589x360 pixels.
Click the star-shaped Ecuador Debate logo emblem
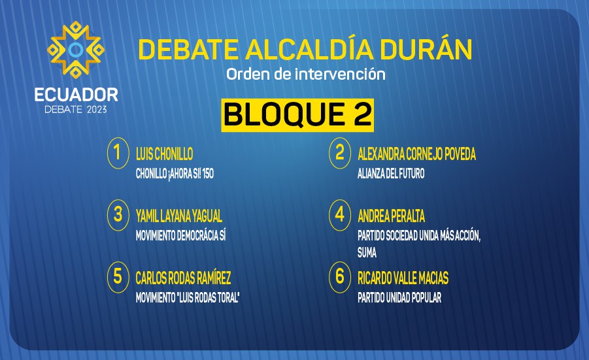point(76,50)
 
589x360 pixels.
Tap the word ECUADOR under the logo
point(76,95)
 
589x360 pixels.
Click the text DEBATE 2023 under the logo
point(76,110)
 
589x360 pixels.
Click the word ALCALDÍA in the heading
point(309,49)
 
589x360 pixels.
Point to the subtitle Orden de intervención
point(306,74)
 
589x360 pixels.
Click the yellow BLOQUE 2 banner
point(297,115)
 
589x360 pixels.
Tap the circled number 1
point(118,153)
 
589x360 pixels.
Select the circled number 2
point(339,153)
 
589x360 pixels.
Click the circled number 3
point(118,215)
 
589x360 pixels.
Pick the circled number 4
point(339,215)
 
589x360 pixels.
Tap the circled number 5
point(118,277)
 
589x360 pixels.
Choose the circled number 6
point(339,277)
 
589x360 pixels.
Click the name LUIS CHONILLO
point(165,154)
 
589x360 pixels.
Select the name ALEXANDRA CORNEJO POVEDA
point(416,154)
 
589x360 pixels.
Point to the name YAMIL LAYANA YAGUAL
point(179,216)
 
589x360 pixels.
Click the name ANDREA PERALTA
point(391,216)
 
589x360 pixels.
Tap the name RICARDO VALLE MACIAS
point(403,278)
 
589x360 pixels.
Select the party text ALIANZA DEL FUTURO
point(391,173)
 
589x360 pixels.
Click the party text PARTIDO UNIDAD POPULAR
point(399,298)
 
